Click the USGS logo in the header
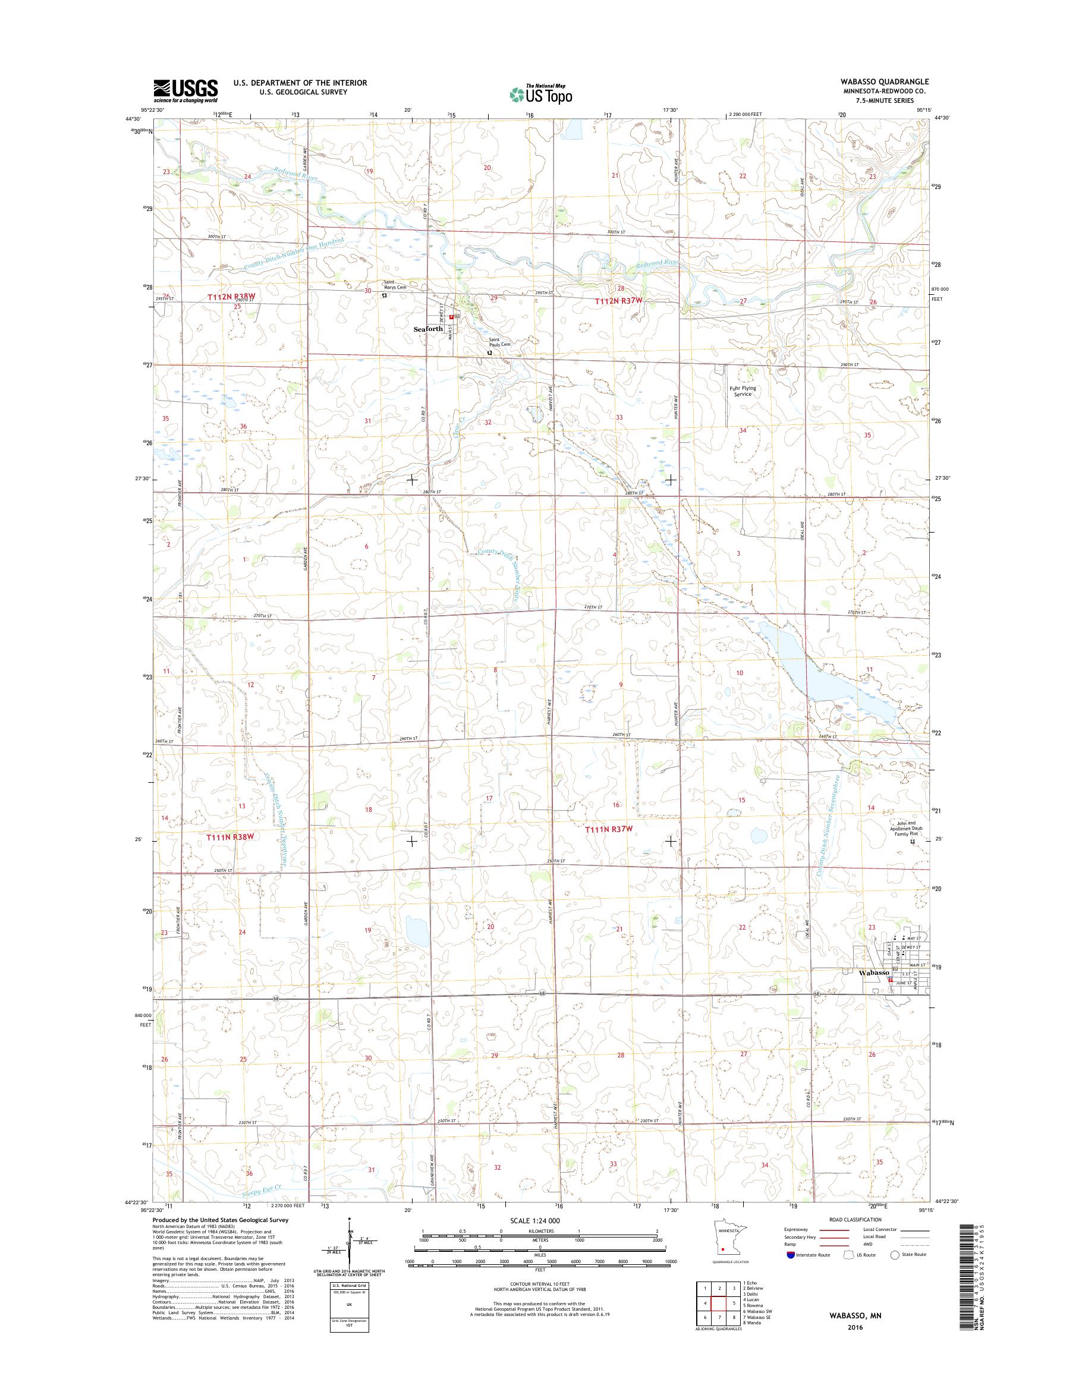[185, 90]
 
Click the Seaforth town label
[428, 329]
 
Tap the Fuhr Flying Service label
[743, 391]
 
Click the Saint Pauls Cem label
[499, 342]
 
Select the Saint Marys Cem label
[394, 285]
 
